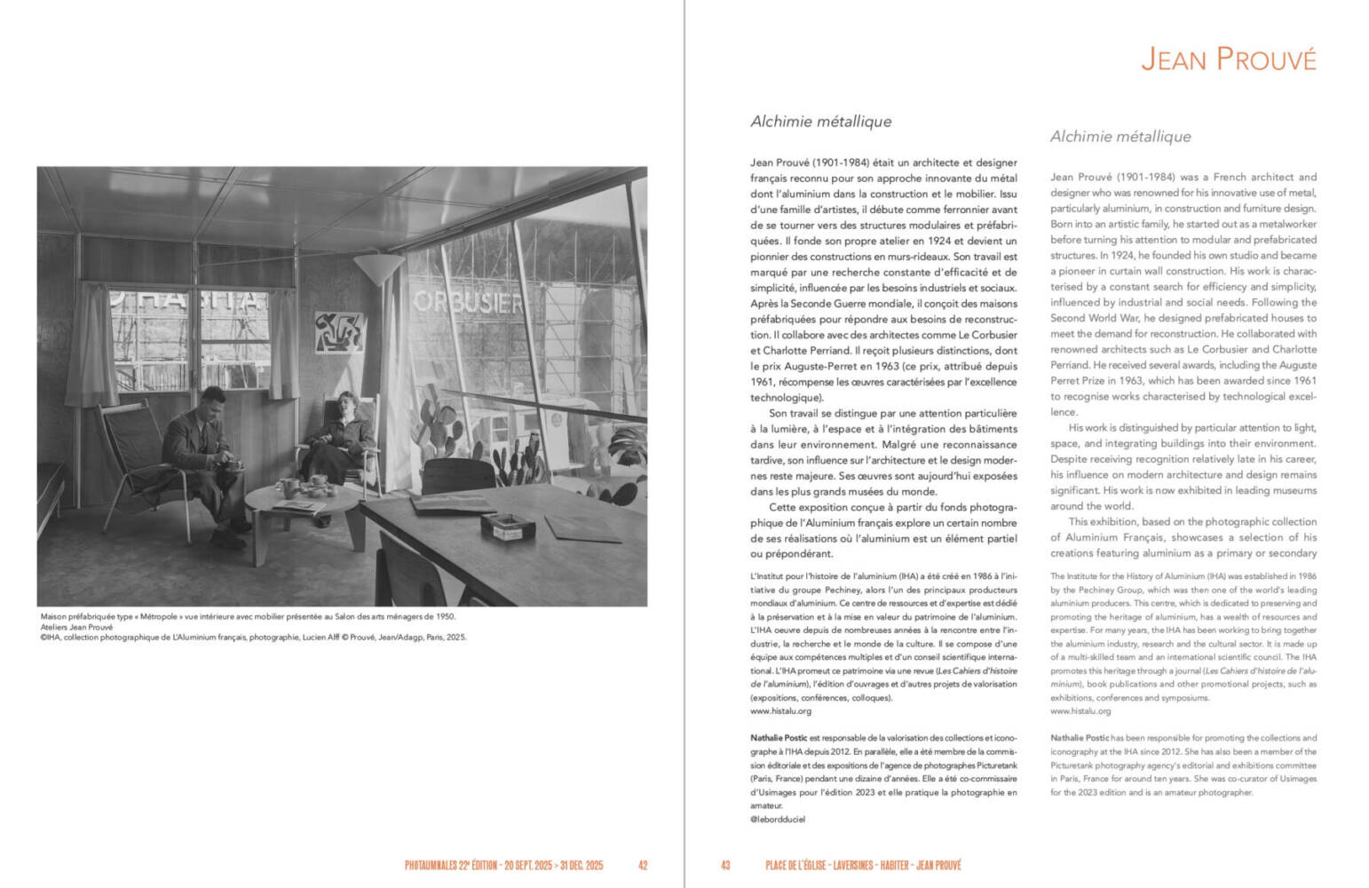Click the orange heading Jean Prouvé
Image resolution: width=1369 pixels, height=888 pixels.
pos(1228,59)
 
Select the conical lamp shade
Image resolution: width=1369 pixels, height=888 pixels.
pos(379,269)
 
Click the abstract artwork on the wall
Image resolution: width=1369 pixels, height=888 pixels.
pos(338,332)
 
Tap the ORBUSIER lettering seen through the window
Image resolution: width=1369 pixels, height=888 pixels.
pos(468,303)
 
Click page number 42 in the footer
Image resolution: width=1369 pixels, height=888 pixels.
pos(643,865)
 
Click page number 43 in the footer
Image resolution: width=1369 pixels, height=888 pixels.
pos(725,865)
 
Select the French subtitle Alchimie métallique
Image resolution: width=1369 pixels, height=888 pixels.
pos(820,122)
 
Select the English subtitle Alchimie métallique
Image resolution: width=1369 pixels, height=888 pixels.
pos(1120,137)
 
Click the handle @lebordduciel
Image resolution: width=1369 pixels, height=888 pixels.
pos(778,820)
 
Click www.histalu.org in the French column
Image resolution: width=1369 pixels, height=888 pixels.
pos(780,711)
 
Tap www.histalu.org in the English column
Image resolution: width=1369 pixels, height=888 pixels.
pos(1080,711)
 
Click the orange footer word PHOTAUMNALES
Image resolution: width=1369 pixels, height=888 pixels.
pos(430,865)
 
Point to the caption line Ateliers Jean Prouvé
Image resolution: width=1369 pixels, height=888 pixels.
pos(76,627)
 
